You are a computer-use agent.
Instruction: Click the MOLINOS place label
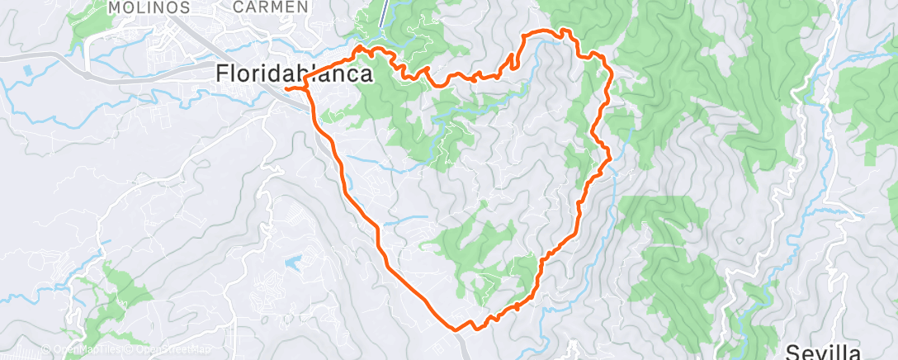click(x=149, y=7)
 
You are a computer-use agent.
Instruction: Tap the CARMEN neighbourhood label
click(x=271, y=7)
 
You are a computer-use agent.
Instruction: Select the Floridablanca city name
click(x=293, y=73)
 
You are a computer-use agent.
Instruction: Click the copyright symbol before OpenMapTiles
click(x=45, y=349)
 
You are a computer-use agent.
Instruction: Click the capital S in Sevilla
click(x=792, y=353)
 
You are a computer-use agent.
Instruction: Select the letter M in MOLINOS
click(x=115, y=7)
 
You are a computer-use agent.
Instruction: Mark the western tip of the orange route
click(x=285, y=88)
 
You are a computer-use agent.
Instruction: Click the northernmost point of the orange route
click(x=565, y=30)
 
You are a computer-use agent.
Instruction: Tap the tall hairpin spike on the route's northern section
click(x=513, y=59)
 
